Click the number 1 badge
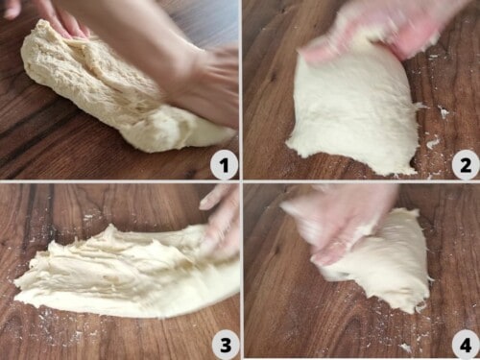pos(224,165)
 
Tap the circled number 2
pos(464,165)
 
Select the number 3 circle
pos(224,343)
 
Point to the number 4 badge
pos(464,343)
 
